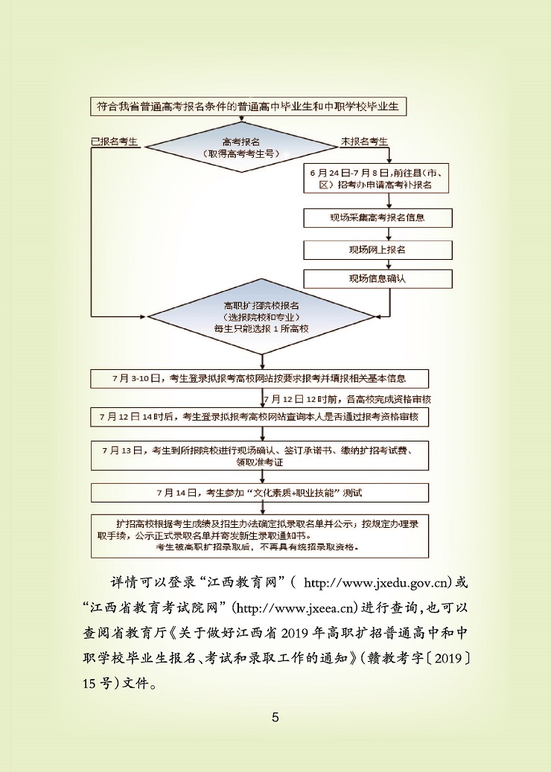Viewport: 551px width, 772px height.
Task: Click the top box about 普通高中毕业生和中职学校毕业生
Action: click(248, 106)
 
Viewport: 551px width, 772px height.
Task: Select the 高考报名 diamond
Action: click(241, 147)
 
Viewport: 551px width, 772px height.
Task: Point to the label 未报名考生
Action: click(364, 141)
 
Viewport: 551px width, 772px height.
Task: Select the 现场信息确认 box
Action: click(378, 278)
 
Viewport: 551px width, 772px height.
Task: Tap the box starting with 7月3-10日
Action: click(260, 377)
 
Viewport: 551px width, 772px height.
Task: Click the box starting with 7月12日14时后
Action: click(260, 417)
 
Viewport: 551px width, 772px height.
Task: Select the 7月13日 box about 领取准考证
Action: click(260, 456)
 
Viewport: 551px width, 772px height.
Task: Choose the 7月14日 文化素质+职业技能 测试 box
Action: click(260, 493)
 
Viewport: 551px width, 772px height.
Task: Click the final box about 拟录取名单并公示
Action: click(260, 535)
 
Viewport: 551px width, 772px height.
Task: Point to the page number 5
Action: click(275, 718)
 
